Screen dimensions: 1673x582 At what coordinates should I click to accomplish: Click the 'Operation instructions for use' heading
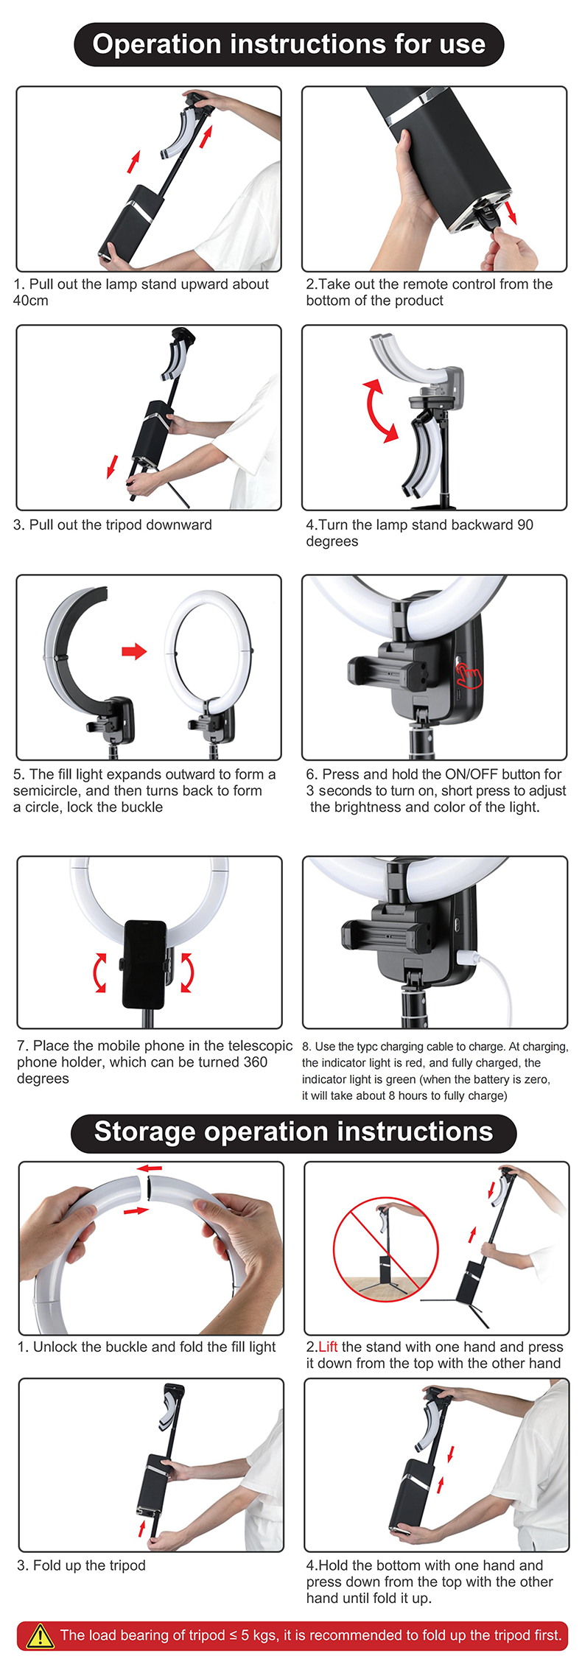click(x=289, y=44)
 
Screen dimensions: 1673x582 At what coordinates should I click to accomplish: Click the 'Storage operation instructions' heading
click(x=293, y=1132)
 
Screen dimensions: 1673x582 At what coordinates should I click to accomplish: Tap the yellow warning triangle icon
click(x=40, y=1635)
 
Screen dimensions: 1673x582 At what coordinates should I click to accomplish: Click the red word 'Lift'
click(x=328, y=1347)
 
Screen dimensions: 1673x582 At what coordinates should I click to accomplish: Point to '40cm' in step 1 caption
click(x=31, y=301)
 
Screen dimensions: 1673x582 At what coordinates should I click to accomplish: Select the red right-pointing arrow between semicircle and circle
click(x=134, y=650)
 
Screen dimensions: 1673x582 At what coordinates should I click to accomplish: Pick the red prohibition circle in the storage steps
click(x=385, y=1249)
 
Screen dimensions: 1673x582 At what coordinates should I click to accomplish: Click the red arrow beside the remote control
click(x=511, y=213)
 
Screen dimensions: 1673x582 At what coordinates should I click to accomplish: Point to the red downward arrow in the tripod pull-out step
click(x=112, y=466)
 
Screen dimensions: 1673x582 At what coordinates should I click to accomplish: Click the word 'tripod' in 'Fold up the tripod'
click(x=127, y=1565)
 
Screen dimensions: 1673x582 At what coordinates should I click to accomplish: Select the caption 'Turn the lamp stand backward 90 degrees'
click(x=419, y=533)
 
